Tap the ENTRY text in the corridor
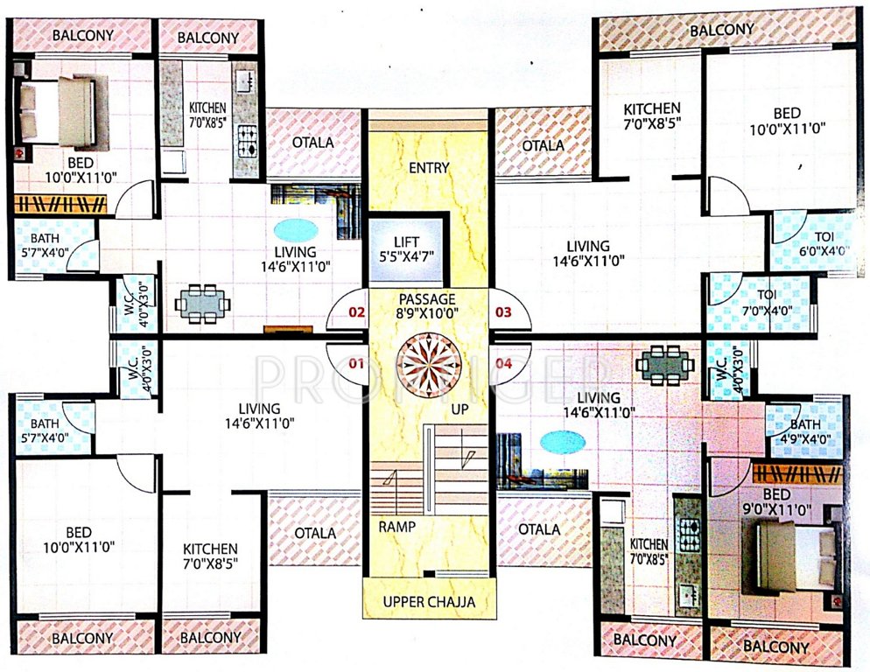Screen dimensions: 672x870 tap(428, 167)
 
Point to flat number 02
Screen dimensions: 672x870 tap(355, 311)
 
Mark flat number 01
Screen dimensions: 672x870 tap(355, 360)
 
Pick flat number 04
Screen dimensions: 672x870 tap(502, 360)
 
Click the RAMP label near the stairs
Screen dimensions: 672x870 tap(396, 527)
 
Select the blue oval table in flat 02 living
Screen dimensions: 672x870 tap(296, 230)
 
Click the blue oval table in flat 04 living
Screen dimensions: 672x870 tap(563, 443)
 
